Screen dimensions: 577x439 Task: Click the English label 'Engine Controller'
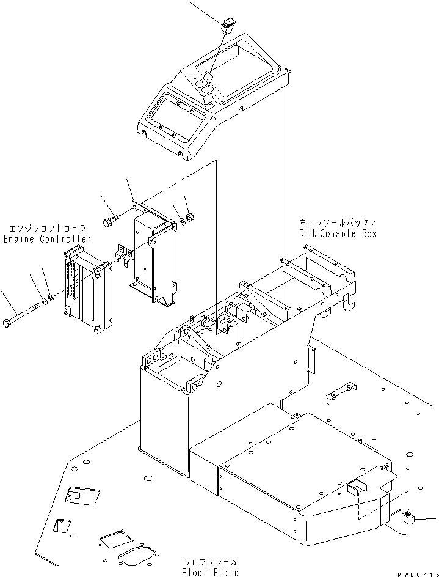47,238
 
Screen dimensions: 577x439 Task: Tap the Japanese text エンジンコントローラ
47,227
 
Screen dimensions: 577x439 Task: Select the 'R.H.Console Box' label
338,233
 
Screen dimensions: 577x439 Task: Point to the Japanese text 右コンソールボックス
338,223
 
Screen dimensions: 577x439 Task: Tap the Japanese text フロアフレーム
209,561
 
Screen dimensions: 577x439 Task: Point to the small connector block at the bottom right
407,520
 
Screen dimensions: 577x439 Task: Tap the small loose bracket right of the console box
339,392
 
